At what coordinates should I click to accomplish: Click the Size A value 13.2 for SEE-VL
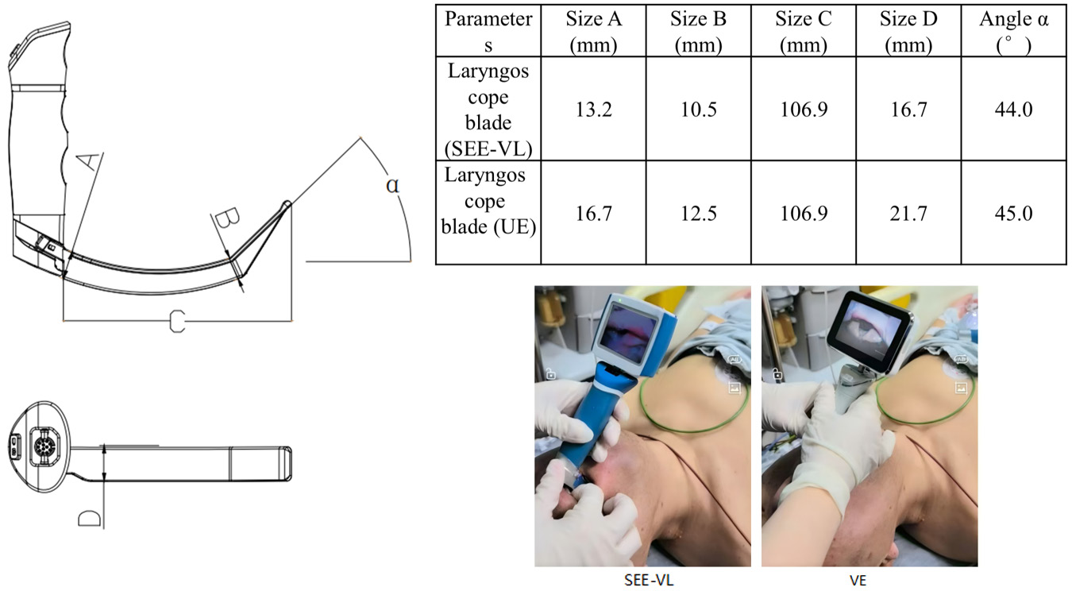[x=593, y=110]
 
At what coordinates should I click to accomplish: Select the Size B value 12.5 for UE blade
[x=698, y=213]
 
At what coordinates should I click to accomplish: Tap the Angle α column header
[x=1013, y=32]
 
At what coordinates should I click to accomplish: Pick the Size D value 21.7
[x=908, y=213]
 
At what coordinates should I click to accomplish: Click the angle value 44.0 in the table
[x=1013, y=110]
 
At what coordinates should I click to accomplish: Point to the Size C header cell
[x=804, y=32]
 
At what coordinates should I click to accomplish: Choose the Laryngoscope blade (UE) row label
[x=488, y=201]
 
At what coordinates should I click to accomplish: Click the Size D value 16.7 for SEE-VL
[x=908, y=110]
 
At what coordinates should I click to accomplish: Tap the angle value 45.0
[x=1013, y=213]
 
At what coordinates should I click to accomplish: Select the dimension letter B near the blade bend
[x=227, y=218]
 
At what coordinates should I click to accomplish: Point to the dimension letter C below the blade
[x=177, y=321]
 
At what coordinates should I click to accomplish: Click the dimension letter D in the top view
[x=90, y=519]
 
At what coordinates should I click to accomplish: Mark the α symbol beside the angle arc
[x=392, y=185]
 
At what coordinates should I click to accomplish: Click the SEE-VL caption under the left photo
[x=649, y=581]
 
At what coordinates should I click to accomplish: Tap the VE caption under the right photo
[x=858, y=581]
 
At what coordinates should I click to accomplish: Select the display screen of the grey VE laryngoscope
[x=866, y=327]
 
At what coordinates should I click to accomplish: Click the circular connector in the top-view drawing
[x=44, y=446]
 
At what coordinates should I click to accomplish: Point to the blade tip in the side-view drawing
[x=287, y=203]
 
